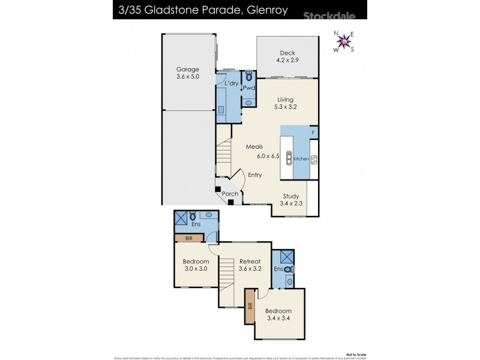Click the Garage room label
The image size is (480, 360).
point(187,73)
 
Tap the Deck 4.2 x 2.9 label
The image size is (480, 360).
point(287,56)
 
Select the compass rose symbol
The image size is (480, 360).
point(344,41)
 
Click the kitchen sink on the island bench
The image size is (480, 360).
point(289,158)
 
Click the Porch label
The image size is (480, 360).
point(230,194)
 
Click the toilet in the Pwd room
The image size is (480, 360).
point(249,77)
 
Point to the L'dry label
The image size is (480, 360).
point(232,83)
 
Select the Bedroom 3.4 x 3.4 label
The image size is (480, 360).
point(280,314)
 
